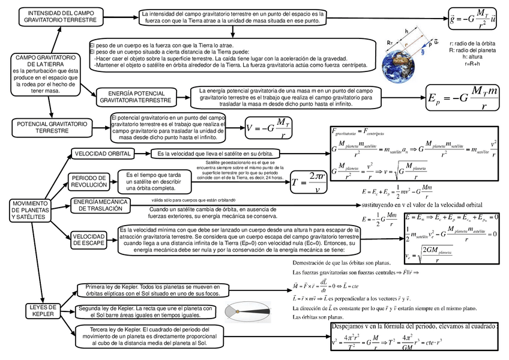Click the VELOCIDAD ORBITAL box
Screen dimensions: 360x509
click(103, 154)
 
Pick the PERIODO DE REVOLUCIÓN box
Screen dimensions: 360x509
click(89, 181)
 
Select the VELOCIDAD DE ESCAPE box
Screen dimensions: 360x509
click(89, 239)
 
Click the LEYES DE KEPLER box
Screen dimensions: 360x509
click(43, 310)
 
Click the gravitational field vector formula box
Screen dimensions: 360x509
click(474, 19)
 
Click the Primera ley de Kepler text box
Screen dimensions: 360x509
click(151, 290)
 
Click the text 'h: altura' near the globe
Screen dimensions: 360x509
click(472, 58)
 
